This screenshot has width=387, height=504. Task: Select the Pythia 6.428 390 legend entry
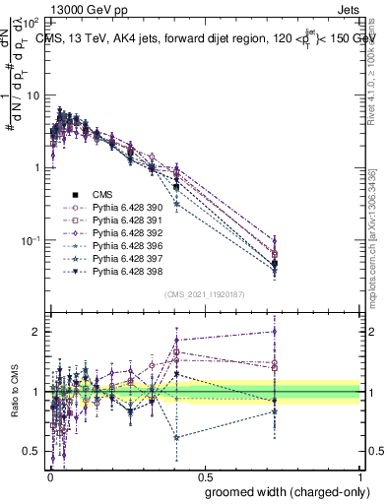click(117, 209)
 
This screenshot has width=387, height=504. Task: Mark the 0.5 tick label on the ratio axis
click(31, 452)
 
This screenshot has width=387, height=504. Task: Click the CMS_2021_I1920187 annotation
click(204, 294)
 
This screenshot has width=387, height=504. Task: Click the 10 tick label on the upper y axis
click(32, 95)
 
